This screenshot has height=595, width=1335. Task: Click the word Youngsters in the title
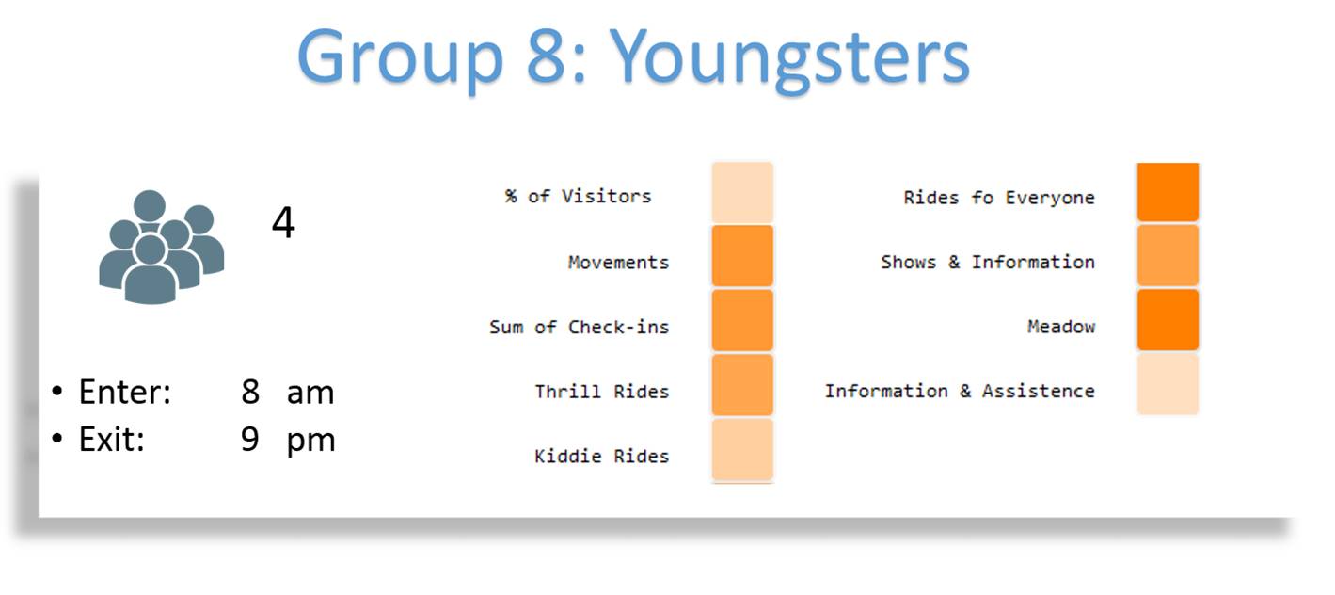789,59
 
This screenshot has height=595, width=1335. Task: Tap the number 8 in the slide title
546,56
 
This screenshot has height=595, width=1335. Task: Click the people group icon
161,247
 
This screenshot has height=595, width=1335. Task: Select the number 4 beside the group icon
283,222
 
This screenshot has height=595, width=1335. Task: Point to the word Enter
124,392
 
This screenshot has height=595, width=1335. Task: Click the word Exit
111,440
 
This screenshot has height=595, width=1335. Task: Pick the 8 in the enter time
250,392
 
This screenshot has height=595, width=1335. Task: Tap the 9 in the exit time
250,440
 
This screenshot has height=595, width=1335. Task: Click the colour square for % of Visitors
742,193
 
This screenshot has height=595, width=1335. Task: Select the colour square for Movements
742,256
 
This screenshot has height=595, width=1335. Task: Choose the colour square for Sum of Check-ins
742,320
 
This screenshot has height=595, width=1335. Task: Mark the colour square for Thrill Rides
742,384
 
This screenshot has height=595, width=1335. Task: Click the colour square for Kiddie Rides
742,449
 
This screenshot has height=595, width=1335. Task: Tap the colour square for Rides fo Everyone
1168,192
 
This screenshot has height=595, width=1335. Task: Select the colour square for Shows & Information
1168,255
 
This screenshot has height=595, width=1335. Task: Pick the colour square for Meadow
1168,319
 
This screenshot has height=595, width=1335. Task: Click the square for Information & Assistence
1168,384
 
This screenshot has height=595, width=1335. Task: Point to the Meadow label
1061,326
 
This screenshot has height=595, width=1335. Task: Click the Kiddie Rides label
602,456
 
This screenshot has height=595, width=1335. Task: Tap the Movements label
619,263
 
